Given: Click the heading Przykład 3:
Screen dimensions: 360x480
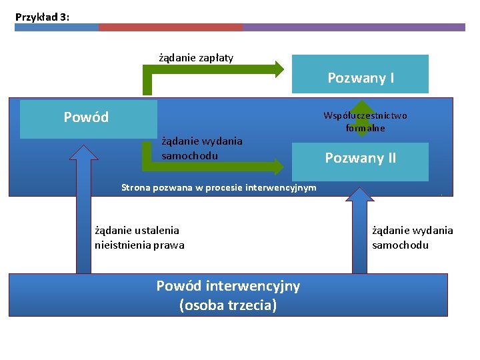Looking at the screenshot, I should [42, 17].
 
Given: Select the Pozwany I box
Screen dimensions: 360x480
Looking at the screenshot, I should [360, 74].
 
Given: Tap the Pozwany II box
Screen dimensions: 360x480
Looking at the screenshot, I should [360, 158].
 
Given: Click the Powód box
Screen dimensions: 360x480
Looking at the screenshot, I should [88, 119].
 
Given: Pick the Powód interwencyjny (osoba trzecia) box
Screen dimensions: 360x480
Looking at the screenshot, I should [228, 295].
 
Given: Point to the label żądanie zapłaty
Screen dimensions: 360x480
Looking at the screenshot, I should [195, 58].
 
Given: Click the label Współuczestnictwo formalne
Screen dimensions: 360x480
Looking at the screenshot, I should [365, 121].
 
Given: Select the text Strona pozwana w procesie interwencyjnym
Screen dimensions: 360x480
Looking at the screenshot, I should [219, 188].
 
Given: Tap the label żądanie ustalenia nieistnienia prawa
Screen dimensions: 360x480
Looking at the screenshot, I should [139, 237].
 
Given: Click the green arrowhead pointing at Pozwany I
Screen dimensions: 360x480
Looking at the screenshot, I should [279, 68].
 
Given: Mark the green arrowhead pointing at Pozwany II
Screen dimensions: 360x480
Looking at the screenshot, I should [279, 163].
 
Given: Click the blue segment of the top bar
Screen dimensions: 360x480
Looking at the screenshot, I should [56, 27].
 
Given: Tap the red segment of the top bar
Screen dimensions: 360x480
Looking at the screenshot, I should [170, 27].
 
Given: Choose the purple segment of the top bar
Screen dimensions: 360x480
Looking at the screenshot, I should [353, 27].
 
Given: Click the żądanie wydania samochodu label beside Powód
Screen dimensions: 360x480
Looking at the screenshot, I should [201, 148].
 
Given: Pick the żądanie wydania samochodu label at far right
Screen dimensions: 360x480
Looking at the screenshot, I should [412, 237].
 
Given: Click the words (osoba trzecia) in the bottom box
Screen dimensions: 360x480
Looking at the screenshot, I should [228, 305].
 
